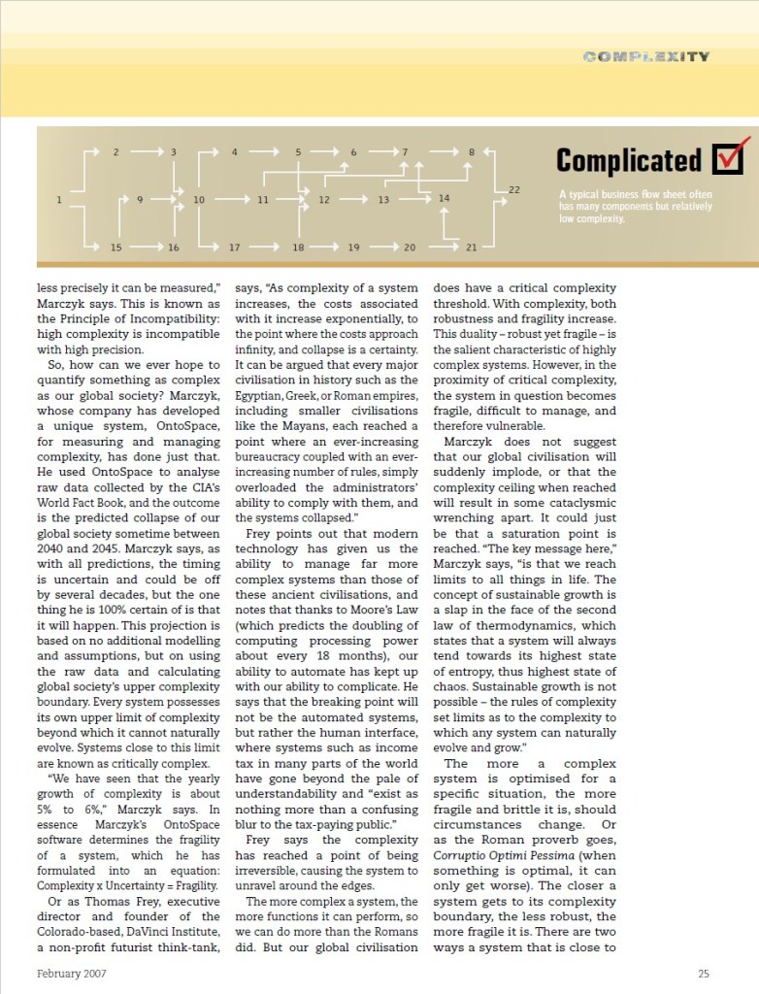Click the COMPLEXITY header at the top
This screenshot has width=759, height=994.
(x=645, y=56)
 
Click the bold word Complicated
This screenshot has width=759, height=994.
(x=628, y=160)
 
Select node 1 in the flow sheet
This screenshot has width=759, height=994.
(x=59, y=200)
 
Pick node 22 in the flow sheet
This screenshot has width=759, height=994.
(x=513, y=189)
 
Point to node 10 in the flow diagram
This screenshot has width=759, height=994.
(x=199, y=200)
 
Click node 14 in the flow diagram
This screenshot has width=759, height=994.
(x=444, y=198)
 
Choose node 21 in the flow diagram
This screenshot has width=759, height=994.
(x=471, y=248)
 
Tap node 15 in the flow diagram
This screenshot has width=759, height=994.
(x=115, y=248)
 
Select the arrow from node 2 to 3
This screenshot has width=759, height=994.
(x=146, y=151)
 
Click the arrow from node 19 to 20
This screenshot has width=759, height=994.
(x=381, y=248)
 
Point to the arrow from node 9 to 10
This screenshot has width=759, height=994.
(x=169, y=200)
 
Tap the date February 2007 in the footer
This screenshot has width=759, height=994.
(x=72, y=974)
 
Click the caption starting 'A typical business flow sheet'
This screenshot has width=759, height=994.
(x=635, y=206)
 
